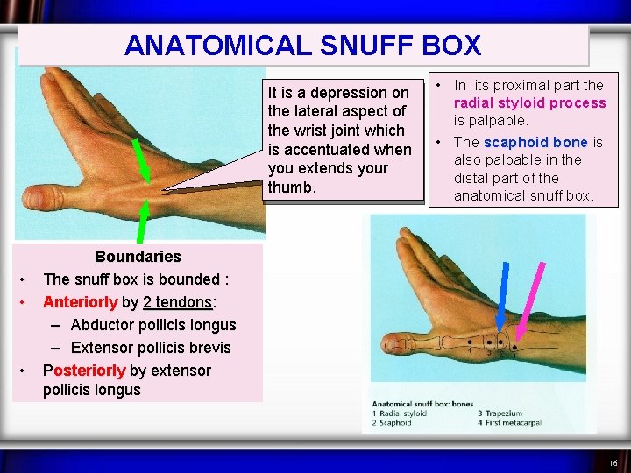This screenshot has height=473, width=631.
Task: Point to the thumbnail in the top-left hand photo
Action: pyautogui.click(x=35, y=194)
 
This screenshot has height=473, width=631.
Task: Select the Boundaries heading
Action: pyautogui.click(x=137, y=257)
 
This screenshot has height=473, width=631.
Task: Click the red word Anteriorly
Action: pyautogui.click(x=80, y=302)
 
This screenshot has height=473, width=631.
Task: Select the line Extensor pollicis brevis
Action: pyautogui.click(x=150, y=348)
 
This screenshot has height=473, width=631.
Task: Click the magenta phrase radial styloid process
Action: pyautogui.click(x=529, y=102)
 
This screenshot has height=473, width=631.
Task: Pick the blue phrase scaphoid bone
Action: pyautogui.click(x=535, y=142)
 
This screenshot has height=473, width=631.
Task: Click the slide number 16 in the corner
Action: pyautogui.click(x=613, y=462)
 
